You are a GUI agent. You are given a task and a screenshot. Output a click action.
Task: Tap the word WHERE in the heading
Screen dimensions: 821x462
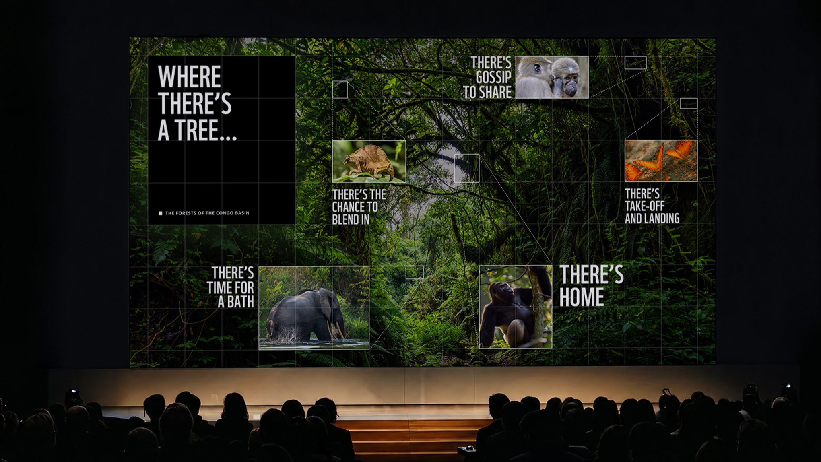point(189,76)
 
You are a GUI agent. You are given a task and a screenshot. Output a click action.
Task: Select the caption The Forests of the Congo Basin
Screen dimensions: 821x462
point(207,213)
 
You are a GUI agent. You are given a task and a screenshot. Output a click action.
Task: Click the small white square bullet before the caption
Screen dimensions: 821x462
point(161,213)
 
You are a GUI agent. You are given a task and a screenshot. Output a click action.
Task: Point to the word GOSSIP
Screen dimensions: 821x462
point(493,77)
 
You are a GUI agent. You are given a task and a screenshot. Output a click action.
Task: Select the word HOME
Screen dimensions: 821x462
point(582,297)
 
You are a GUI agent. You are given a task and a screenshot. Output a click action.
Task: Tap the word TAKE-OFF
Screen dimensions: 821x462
point(645,206)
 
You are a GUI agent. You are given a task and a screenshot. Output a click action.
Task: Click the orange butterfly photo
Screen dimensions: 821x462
point(661,161)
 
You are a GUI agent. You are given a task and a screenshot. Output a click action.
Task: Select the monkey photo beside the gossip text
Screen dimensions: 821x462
point(552,77)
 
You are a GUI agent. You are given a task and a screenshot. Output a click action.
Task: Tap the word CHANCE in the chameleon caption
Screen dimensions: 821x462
point(355,207)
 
